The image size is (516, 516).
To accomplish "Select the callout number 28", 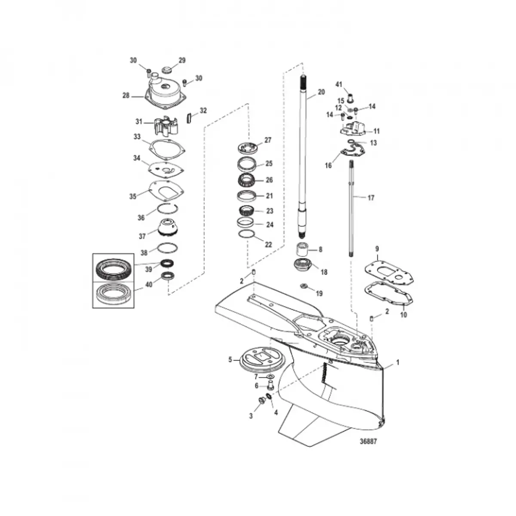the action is tap(126, 95).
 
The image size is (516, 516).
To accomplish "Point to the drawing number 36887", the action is tap(368, 441).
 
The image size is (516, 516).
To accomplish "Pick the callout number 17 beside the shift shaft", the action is tap(371, 198).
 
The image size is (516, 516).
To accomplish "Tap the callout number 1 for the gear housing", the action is tap(398, 362).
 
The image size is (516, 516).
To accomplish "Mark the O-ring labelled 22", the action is tap(246, 233).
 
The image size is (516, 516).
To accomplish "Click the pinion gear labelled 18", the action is tap(303, 265).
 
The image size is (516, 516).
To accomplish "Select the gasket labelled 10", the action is tap(389, 294).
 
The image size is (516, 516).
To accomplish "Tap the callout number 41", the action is tap(339, 85).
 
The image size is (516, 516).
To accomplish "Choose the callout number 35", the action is tap(133, 196).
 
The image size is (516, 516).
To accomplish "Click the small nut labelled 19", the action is tap(304, 286).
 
